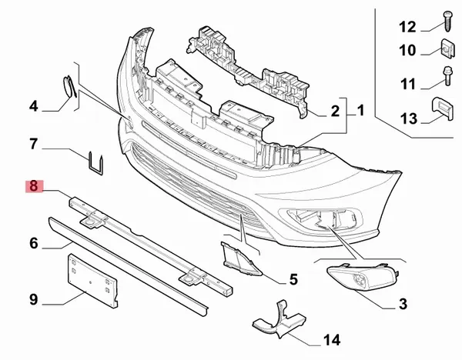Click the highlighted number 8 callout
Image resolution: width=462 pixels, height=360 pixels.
point(34,186)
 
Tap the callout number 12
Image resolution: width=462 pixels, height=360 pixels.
point(407,27)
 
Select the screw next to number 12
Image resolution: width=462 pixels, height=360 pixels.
point(447,21)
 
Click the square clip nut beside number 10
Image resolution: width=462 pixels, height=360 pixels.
point(448,48)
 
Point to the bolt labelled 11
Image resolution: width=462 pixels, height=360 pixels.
point(447,75)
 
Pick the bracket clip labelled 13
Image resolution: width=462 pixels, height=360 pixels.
point(442,108)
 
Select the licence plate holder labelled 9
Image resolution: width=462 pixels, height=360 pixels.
point(92,281)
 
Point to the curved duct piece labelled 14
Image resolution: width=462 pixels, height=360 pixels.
point(280,320)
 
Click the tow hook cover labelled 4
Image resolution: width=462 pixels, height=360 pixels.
point(69,86)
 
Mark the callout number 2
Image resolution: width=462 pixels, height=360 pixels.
point(335,112)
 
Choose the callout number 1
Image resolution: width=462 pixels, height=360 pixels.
point(360,110)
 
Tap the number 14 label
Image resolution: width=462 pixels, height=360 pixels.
point(332,340)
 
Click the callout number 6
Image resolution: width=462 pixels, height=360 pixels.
point(34,243)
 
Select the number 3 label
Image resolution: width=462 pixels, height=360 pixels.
point(403,304)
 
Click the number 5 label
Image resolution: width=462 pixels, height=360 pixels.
point(293,279)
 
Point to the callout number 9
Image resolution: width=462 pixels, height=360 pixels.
point(34,300)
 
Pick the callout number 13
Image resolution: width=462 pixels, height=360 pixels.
point(409,118)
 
